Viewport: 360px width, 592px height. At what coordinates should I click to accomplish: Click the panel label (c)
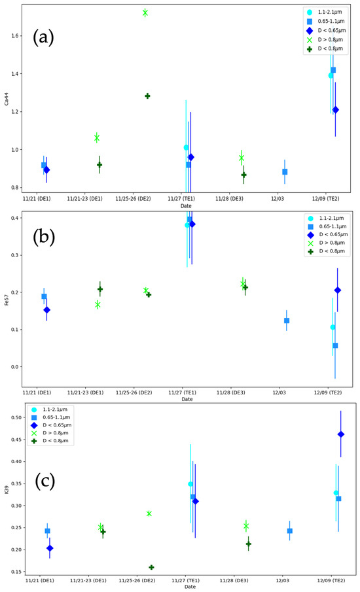coord(44,483)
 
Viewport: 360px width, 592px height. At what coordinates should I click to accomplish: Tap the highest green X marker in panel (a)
coord(145,12)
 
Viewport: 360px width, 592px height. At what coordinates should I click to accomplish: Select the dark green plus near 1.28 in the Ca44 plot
coord(147,96)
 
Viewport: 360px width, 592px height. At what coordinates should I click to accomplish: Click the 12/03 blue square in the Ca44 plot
coord(285,171)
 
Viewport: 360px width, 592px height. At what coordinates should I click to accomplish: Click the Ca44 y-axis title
coord(7,98)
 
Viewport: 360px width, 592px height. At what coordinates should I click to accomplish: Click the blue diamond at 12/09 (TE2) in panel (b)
coord(338,290)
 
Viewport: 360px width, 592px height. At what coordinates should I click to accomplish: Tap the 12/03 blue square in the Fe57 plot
coord(287,321)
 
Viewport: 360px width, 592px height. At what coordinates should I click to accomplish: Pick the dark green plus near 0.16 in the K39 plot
coord(151,567)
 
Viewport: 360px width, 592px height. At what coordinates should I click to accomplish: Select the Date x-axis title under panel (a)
coord(187,205)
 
